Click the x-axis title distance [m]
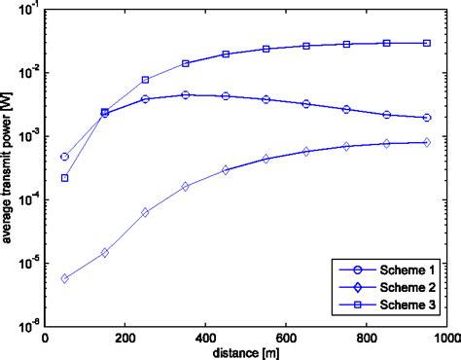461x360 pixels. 245,350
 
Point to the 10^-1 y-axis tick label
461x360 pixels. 28,11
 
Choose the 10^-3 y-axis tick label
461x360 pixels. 28,136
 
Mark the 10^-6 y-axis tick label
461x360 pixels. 28,326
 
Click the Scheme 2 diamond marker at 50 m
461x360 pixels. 64,278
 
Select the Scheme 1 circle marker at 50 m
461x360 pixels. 64,157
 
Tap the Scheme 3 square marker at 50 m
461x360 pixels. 64,178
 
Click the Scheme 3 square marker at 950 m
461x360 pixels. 426,43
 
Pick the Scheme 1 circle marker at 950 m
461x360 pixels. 426,118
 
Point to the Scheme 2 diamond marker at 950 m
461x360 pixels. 426,142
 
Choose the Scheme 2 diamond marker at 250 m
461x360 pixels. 145,212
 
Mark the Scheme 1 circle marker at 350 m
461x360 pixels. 185,94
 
